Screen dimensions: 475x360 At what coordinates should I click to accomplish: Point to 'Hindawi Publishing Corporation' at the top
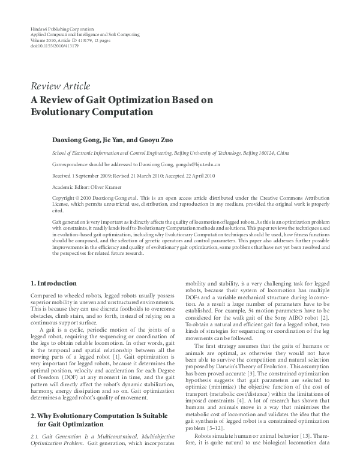pyautogui.click(x=61, y=29)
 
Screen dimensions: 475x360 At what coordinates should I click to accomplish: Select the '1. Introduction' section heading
pyautogui.click(x=53, y=283)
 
